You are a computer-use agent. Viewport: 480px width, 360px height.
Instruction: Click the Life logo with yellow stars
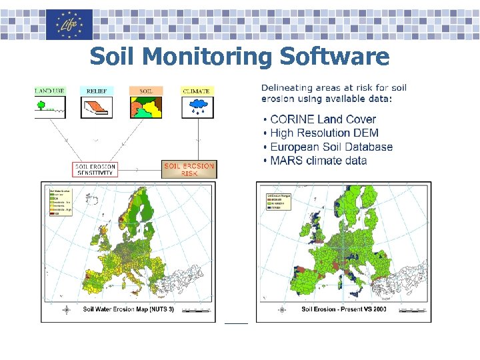point(69,25)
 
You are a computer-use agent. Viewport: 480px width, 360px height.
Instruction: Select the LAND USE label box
point(49,91)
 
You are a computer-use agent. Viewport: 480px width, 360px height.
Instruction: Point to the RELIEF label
point(97,91)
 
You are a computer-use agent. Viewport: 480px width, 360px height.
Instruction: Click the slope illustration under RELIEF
point(97,107)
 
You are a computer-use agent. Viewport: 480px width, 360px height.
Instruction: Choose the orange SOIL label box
point(146,91)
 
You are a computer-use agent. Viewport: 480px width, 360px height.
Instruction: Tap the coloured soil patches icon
point(146,107)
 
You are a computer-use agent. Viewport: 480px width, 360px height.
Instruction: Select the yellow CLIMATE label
point(197,91)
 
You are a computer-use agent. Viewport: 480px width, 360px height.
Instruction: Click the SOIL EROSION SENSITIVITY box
point(95,169)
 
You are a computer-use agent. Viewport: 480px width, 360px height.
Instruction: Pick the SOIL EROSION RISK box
point(189,169)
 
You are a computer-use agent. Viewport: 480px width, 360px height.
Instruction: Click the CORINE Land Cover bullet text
point(323,119)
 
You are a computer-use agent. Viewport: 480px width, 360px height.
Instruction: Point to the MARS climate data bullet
point(318,161)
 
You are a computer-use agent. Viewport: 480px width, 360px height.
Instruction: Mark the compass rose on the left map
point(67,309)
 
